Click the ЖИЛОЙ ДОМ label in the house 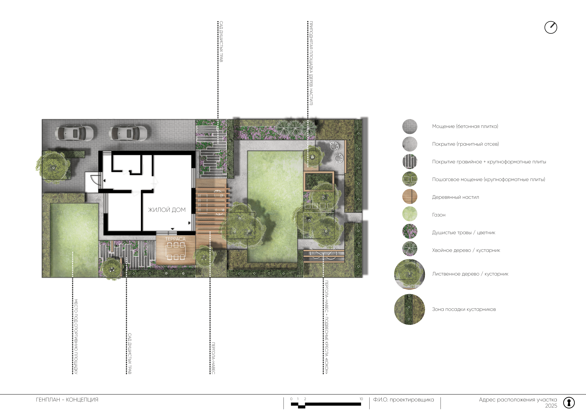(167, 210)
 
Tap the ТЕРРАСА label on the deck (175, 239)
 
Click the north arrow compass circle (551, 27)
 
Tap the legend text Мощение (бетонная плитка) (465, 126)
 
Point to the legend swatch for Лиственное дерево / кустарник (410, 274)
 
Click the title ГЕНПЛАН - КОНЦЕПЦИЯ (67, 400)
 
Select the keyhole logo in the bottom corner (569, 403)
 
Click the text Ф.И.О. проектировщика (403, 400)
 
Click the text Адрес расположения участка (518, 400)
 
